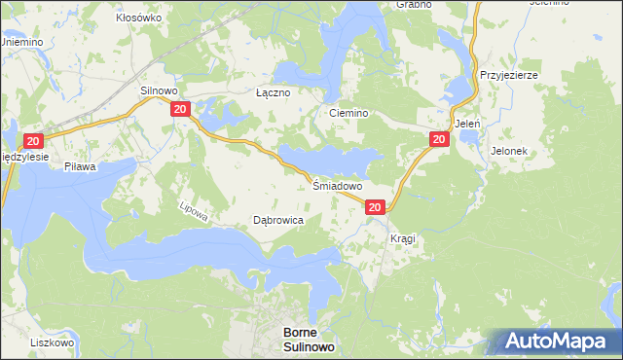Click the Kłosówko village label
click(138, 18)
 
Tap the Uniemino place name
click(20, 43)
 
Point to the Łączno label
click(273, 93)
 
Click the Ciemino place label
click(348, 113)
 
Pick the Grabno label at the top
click(414, 4)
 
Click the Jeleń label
click(467, 125)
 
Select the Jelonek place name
click(509, 152)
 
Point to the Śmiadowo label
click(338, 185)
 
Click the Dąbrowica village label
click(278, 221)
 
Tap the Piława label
click(80, 167)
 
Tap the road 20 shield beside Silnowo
click(179, 110)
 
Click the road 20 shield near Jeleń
click(438, 140)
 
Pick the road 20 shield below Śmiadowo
click(375, 206)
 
